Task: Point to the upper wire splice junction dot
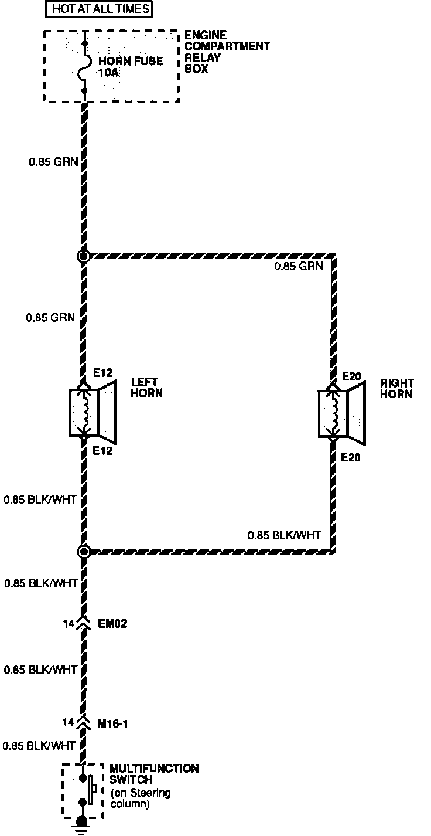point(84,256)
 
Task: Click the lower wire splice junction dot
point(84,551)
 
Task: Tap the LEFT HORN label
point(146,388)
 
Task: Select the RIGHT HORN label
point(396,389)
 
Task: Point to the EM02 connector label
point(113,624)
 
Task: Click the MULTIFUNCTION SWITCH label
point(153,774)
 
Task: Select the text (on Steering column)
point(141,799)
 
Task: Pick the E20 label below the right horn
point(351,457)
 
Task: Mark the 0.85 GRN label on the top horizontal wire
point(299,266)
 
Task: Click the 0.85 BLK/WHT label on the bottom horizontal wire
point(285,535)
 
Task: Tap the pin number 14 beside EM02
point(69,624)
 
